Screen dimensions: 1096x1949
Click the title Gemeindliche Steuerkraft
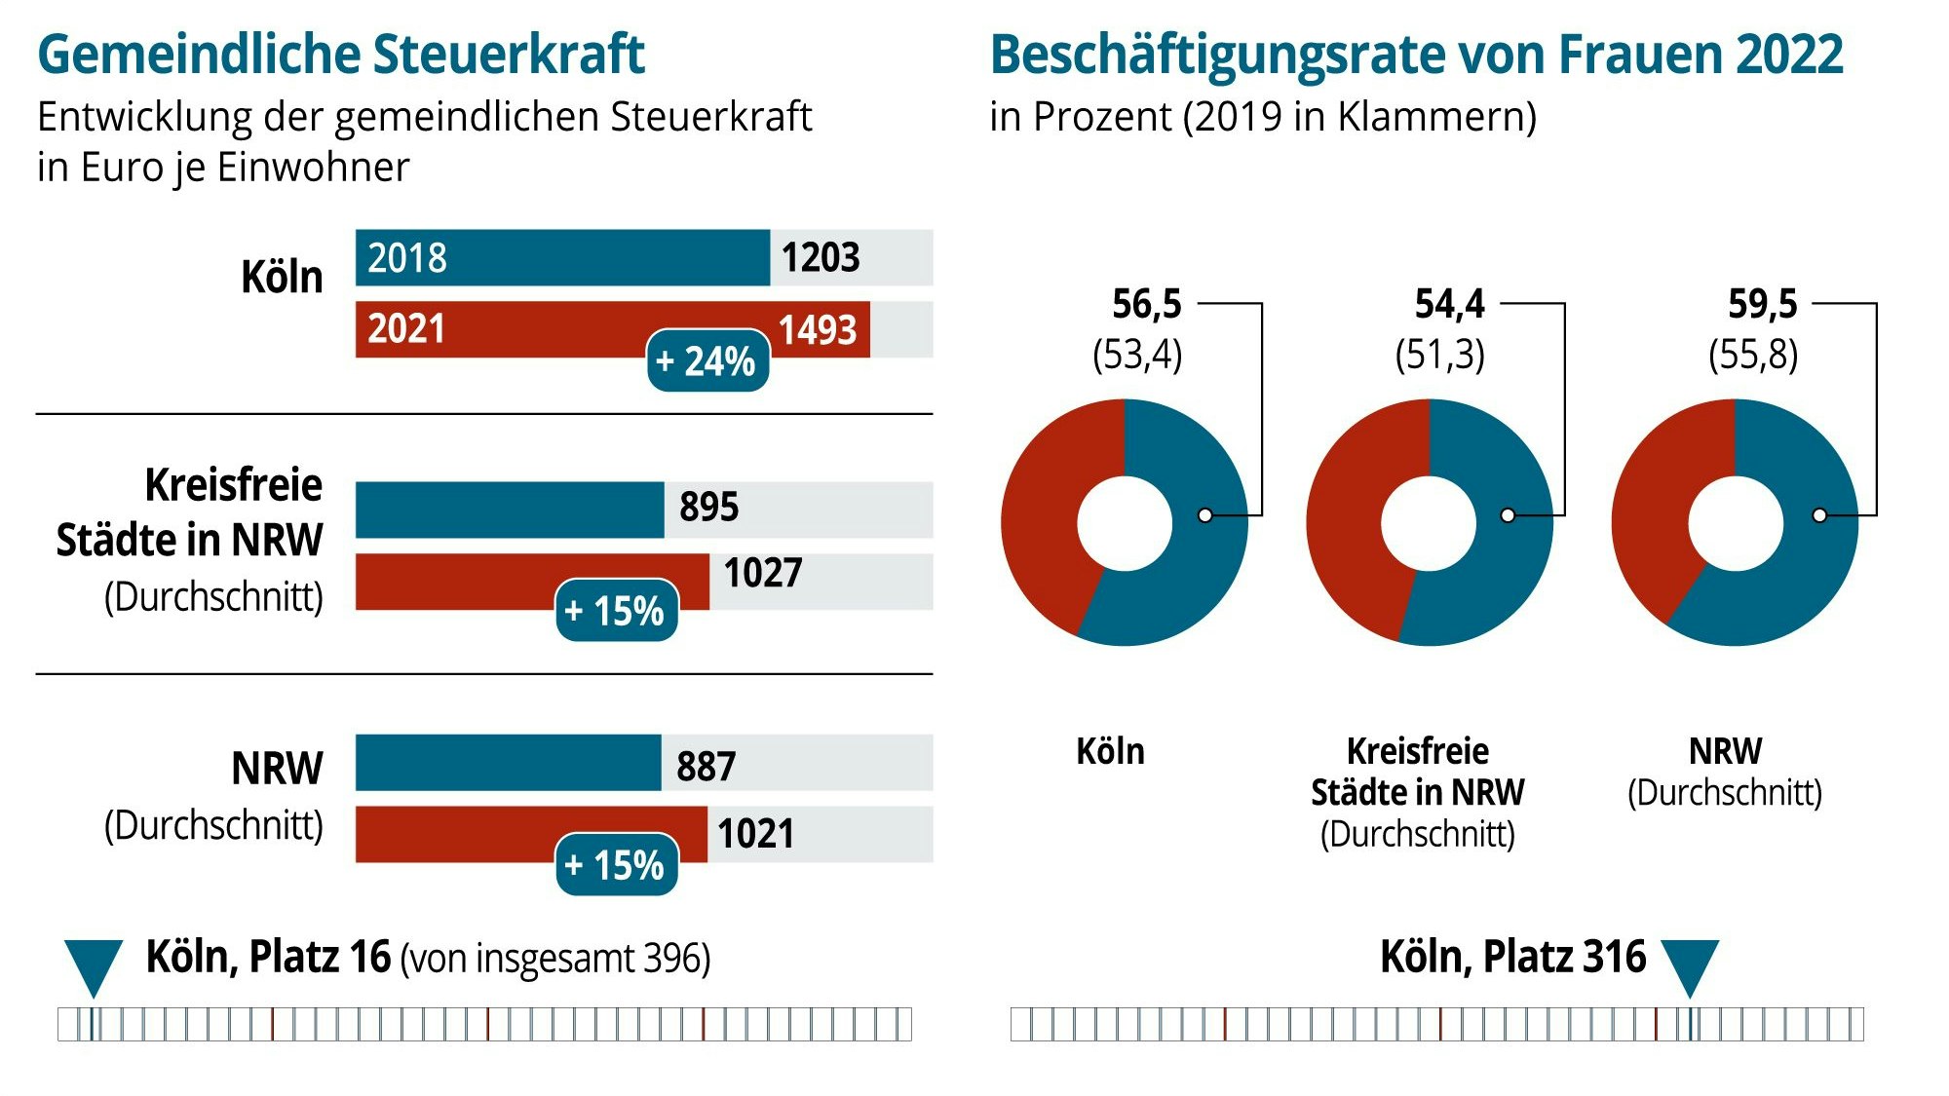[340, 55]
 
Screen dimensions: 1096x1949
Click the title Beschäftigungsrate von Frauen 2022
[1416, 55]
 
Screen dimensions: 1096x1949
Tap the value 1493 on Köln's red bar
[818, 330]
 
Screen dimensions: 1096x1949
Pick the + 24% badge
[707, 361]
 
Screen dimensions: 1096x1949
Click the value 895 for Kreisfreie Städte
[708, 508]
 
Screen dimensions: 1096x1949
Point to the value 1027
[762, 573]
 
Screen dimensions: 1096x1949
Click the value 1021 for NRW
[755, 834]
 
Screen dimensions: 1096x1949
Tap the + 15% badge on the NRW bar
[616, 865]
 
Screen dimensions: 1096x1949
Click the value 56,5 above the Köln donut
[1146, 305]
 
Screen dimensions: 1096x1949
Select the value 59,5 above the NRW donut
[1762, 305]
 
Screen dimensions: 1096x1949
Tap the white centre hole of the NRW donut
[1735, 524]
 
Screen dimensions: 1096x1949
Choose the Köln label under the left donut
[1110, 752]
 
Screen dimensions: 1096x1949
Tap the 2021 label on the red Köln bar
[406, 329]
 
